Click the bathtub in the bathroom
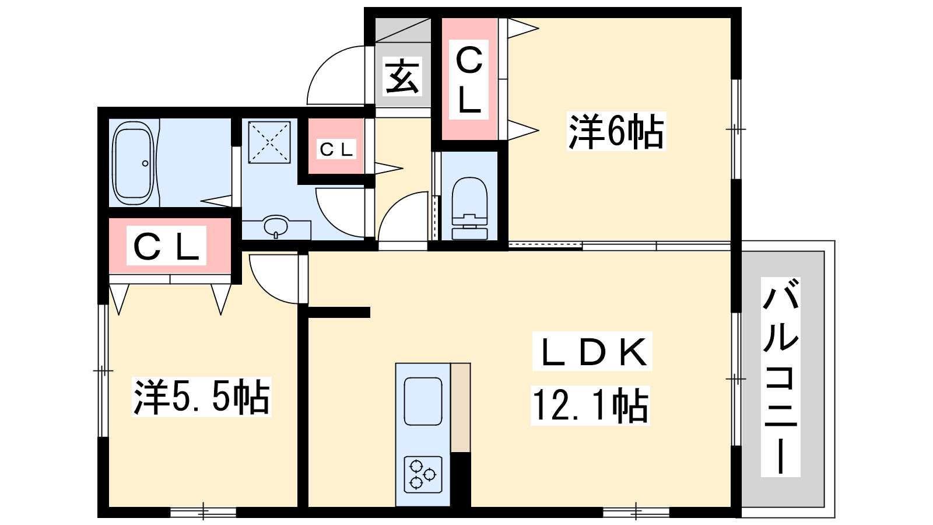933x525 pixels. click(133, 163)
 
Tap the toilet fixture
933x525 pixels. click(469, 208)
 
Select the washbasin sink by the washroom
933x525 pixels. click(276, 226)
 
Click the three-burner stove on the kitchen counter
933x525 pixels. click(423, 475)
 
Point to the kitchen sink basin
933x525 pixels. click(423, 401)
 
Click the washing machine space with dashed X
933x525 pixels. click(269, 142)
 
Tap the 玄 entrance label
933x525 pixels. click(402, 76)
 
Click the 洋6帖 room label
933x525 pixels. click(616, 131)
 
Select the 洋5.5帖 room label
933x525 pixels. click(202, 397)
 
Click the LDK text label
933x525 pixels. click(592, 351)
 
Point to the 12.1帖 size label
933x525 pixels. click(590, 405)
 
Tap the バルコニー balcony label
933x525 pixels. click(781, 377)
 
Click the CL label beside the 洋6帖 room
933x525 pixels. click(469, 79)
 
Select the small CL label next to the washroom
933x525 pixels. click(336, 149)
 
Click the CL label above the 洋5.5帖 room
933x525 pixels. click(167, 246)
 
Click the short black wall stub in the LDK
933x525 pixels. click(339, 312)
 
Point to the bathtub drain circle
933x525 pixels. click(145, 163)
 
